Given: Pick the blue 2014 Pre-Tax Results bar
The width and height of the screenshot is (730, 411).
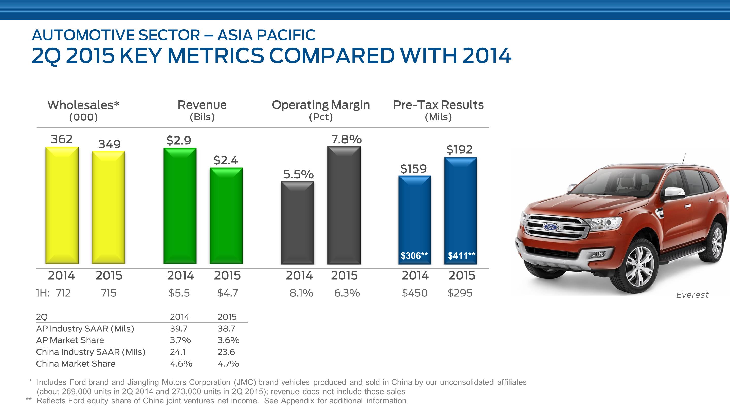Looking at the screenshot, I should (415, 216).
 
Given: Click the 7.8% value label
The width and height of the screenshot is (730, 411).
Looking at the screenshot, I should (346, 139).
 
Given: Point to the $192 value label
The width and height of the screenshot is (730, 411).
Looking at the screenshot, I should (459, 149).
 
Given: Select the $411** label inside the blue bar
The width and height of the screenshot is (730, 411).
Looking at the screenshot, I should (461, 255).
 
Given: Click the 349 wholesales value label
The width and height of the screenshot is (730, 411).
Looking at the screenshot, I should (109, 144).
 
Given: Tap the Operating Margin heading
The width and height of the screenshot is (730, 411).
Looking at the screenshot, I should (320, 105).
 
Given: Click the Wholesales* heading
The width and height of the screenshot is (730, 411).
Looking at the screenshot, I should (83, 105).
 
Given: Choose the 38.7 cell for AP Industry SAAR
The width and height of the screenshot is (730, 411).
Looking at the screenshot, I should (226, 329).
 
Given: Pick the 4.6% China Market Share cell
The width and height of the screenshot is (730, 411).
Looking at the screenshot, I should (181, 364).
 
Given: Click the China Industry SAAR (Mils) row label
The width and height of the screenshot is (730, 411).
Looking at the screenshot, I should (91, 352).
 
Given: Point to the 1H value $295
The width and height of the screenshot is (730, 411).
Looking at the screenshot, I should (460, 293).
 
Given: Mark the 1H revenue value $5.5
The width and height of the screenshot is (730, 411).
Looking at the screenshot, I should (179, 293).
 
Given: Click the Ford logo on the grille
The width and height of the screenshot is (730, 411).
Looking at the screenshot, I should (550, 227).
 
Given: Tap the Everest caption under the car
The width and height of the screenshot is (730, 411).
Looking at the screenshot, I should (692, 295).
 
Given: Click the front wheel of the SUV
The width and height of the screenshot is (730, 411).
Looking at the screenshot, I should (639, 266).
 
